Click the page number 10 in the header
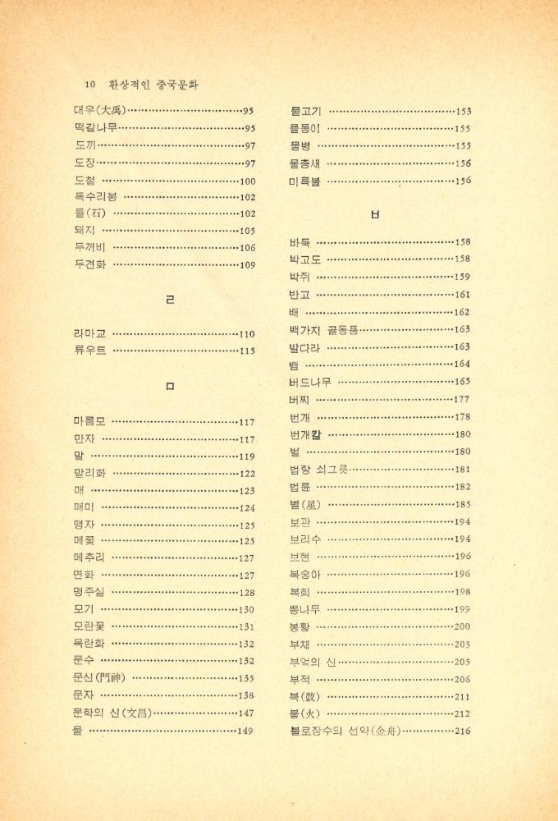(89, 85)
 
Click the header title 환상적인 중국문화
(153, 85)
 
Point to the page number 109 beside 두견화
(247, 265)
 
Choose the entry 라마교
(89, 334)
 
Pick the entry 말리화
(89, 474)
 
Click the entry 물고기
(305, 111)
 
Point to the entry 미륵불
(305, 181)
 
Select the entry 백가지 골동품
(323, 329)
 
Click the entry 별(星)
(304, 504)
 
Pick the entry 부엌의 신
(313, 661)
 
